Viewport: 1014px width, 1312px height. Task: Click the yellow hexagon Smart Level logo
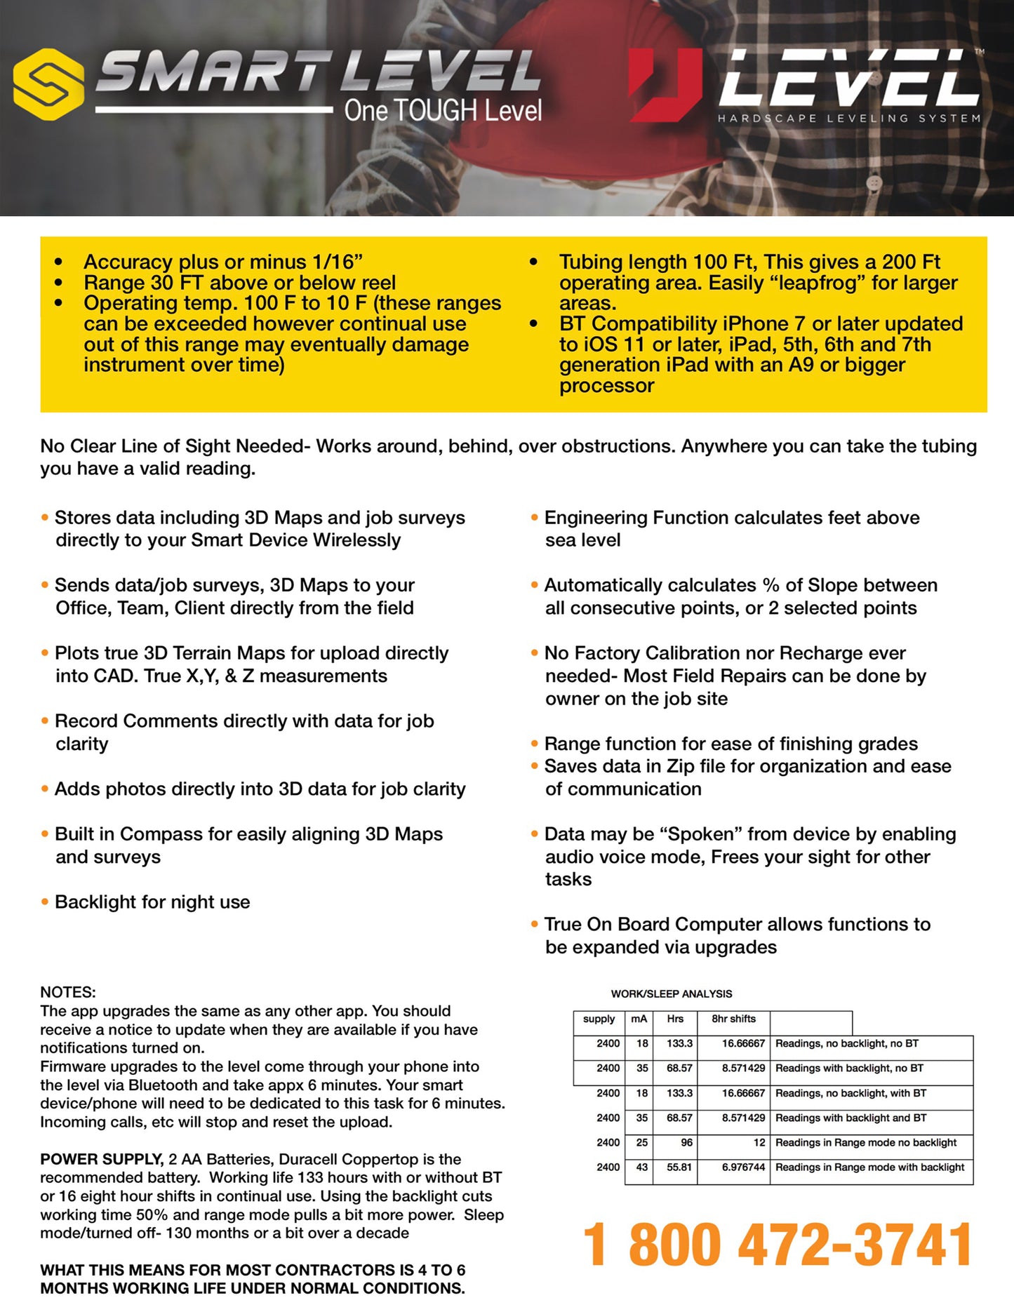pos(49,84)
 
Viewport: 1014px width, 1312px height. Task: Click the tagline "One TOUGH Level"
pos(443,111)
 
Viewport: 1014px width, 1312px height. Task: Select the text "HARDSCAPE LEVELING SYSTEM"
pos(848,119)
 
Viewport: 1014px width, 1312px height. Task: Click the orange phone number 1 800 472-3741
pos(778,1245)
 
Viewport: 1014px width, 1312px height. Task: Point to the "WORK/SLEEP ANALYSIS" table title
pos(671,993)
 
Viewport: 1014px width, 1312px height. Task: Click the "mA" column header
pos(639,1019)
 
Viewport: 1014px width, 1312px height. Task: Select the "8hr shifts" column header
pos(733,1019)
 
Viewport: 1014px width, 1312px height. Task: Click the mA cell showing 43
pos(641,1167)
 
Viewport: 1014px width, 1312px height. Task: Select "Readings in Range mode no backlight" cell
pos(865,1142)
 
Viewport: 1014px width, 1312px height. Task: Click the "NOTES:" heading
pos(68,992)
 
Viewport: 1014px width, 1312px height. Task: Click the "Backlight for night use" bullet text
pos(152,902)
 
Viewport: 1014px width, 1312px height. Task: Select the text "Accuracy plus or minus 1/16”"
pos(222,262)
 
